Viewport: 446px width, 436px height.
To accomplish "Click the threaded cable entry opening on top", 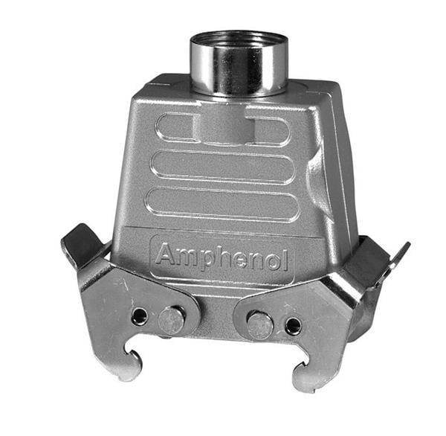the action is [239, 42].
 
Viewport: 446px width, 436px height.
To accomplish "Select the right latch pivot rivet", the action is [260, 324].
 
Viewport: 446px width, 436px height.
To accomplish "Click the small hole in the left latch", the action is [139, 315].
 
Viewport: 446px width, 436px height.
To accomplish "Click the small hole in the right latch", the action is [294, 326].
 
